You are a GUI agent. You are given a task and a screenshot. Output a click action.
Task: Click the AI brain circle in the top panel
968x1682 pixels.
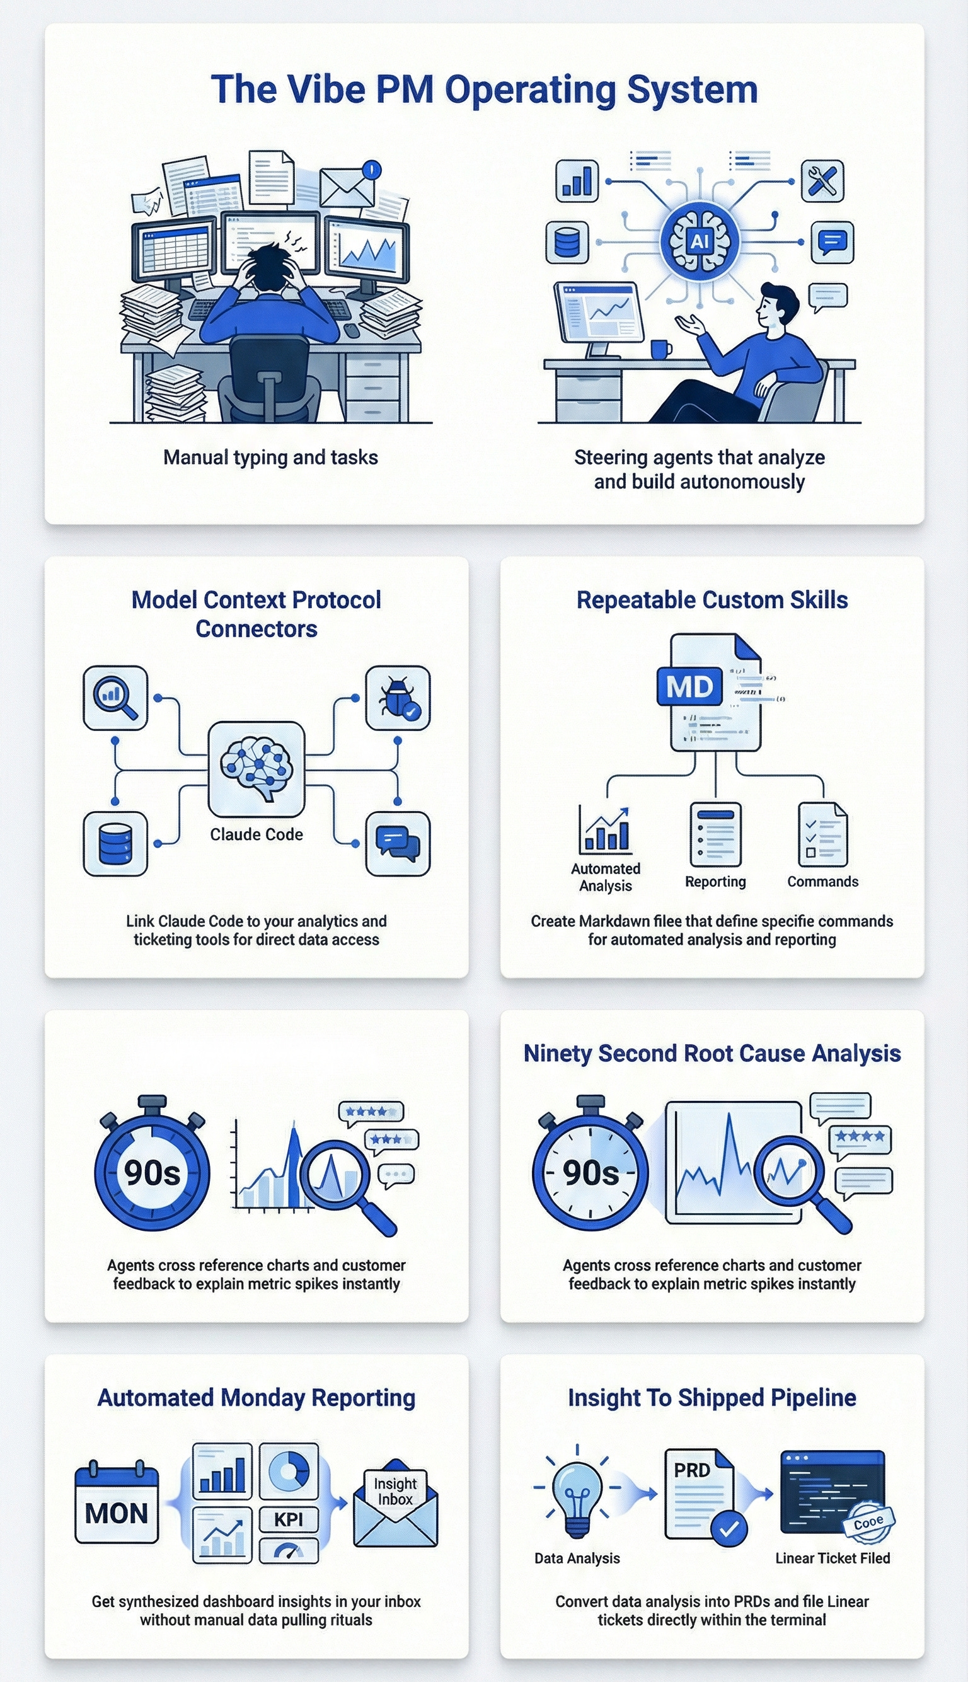point(700,241)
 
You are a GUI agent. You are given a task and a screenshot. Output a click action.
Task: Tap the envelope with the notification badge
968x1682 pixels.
point(347,187)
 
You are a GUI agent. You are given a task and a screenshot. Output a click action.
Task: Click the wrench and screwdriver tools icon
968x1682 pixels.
point(822,181)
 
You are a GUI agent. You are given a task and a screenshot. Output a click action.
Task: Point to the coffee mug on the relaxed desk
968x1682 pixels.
point(660,349)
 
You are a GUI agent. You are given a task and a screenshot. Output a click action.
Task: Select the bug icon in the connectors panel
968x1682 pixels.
point(398,698)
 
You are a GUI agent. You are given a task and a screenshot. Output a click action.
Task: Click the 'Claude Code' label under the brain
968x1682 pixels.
point(256,834)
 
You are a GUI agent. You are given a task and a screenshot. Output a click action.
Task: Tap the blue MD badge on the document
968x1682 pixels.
point(689,686)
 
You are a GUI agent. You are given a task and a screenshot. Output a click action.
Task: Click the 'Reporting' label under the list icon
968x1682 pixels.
point(715,882)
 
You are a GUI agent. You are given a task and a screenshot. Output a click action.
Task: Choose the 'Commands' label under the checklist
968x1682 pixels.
point(822,882)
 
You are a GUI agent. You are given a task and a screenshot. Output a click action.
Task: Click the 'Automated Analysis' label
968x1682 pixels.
point(606,877)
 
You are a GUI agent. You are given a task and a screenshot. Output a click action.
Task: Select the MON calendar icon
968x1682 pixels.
point(117,1504)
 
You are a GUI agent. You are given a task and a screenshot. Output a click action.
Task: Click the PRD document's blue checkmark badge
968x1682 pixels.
point(729,1529)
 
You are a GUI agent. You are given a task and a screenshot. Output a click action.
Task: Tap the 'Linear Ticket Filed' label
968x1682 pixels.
point(833,1558)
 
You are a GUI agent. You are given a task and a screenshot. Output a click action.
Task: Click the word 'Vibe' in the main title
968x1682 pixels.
point(325,89)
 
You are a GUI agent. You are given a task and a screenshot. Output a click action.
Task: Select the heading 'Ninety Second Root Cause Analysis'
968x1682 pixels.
point(712,1053)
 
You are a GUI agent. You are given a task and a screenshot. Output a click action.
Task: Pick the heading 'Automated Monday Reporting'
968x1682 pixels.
point(256,1397)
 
